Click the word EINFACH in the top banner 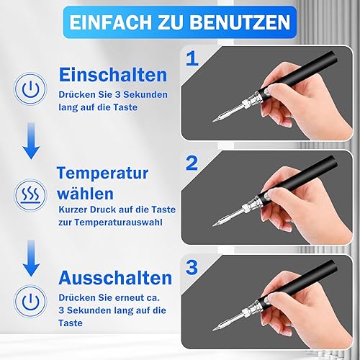[111, 22]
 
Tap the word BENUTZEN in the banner [240, 22]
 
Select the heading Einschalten [113, 75]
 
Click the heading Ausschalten [115, 278]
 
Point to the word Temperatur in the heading [103, 173]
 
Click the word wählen [85, 193]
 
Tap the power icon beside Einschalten [30, 89]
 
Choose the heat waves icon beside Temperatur [30, 194]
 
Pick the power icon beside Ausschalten [30, 301]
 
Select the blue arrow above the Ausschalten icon [31, 258]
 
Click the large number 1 [192, 59]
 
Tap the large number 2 [192, 163]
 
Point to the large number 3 [192, 267]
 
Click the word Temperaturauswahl [118, 222]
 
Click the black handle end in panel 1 [334, 55]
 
